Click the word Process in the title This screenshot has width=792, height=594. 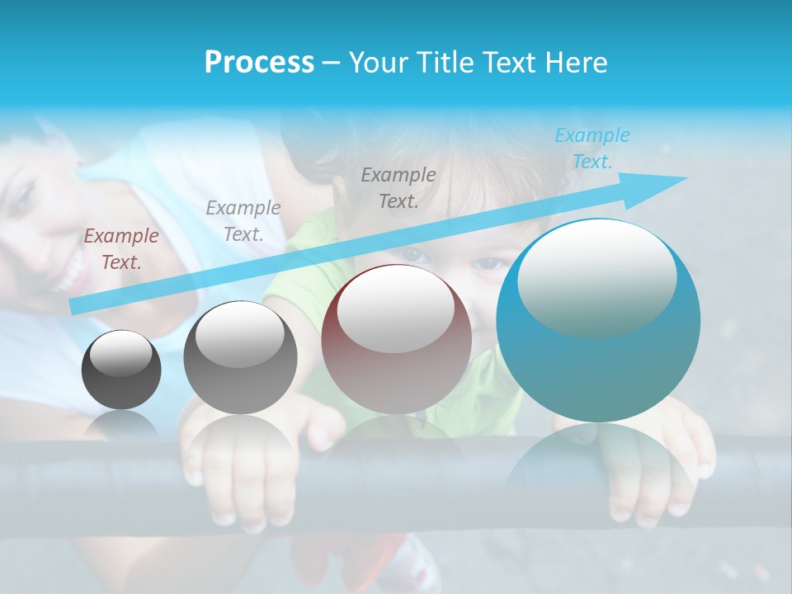tap(259, 63)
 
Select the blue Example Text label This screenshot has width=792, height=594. tap(592, 148)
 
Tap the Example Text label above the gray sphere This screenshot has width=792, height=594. tap(243, 221)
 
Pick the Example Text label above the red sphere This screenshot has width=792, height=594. tap(398, 188)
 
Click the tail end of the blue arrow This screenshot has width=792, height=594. tap(76, 307)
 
